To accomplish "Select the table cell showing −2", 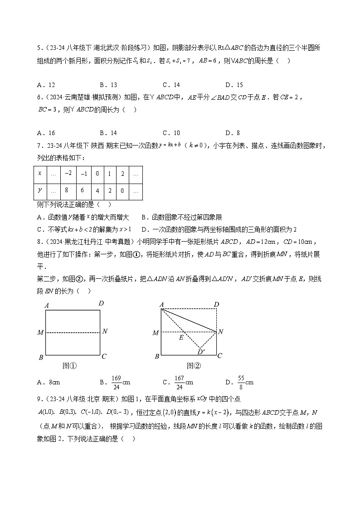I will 69,174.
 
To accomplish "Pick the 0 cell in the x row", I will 97,174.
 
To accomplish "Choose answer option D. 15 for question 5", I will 234,85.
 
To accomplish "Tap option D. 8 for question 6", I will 232,133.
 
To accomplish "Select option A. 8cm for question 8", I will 49,383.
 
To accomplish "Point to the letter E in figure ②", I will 181,338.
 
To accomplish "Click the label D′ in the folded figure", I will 201,351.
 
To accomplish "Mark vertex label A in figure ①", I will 46,305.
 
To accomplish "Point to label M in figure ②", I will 156,333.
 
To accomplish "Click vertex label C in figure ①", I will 104,356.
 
